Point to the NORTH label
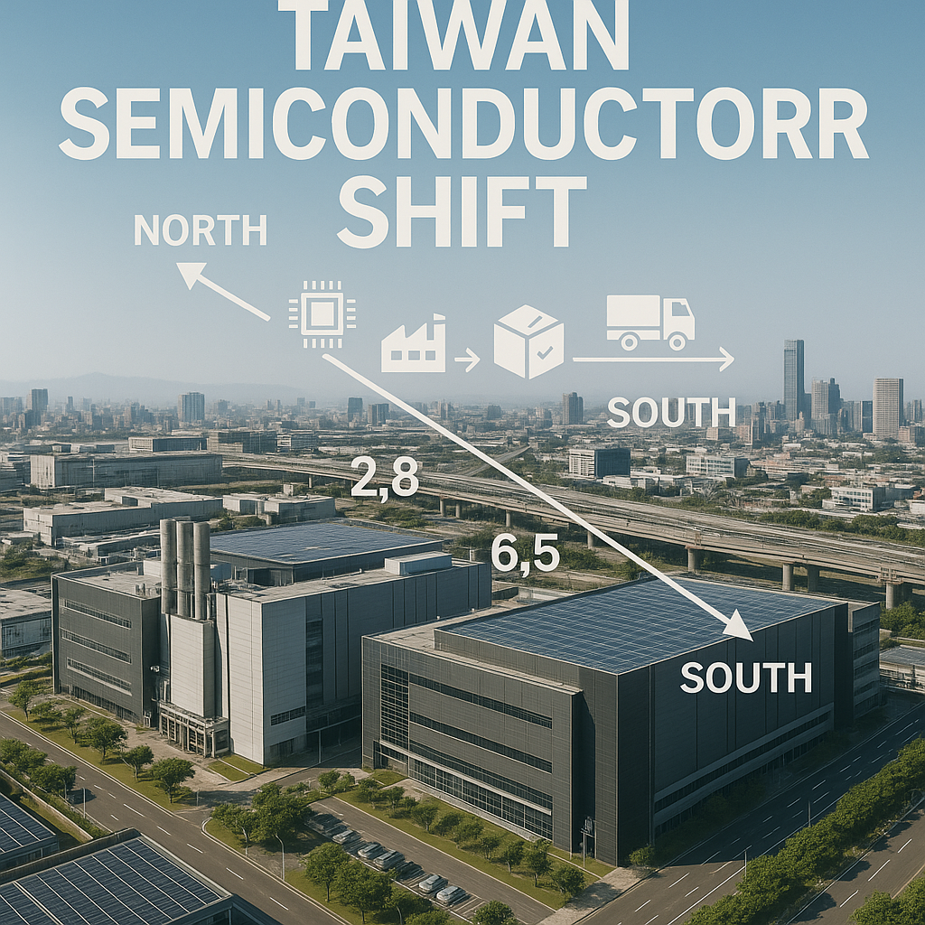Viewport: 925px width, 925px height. (x=200, y=231)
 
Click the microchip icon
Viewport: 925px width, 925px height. (x=321, y=314)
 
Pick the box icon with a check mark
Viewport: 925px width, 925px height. (x=528, y=341)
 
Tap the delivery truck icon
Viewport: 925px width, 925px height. (x=650, y=322)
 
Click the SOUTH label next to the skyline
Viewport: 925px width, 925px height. (x=671, y=412)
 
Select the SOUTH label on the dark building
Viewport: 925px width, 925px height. (x=745, y=677)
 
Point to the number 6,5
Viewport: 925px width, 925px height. (x=524, y=554)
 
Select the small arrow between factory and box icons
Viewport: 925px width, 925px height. (x=467, y=362)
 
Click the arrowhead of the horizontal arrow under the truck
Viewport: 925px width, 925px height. (x=725, y=360)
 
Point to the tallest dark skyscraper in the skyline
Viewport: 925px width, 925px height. (x=794, y=379)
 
